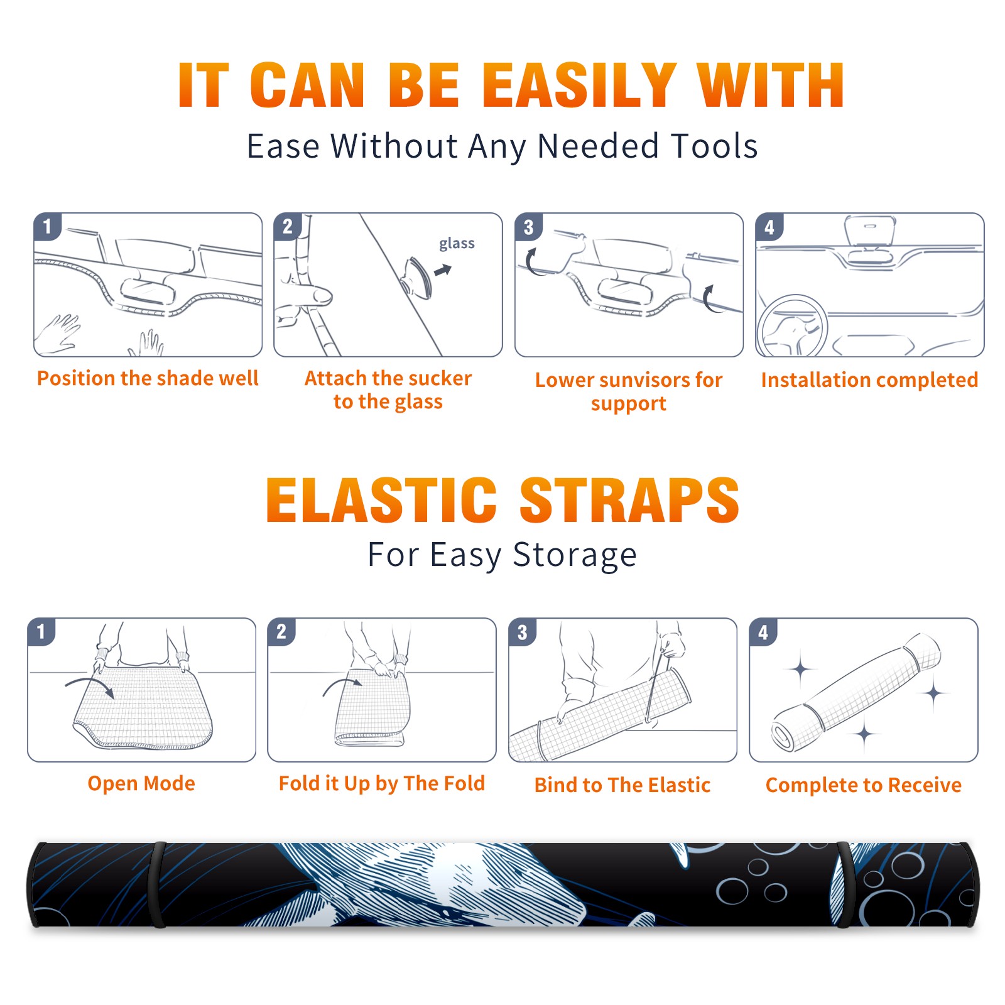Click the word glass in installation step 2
[x=457, y=243]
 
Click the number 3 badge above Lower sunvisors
[x=528, y=227]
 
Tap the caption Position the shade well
[x=148, y=378]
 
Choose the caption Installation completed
[x=869, y=379]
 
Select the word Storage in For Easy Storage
[x=575, y=555]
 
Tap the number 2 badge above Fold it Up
[x=281, y=632]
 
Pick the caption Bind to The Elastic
[x=622, y=785]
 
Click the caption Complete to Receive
[x=864, y=785]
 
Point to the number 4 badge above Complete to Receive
[x=763, y=632]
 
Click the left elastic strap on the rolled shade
[x=158, y=884]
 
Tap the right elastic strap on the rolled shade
[x=844, y=884]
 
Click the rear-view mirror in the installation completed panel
[x=870, y=230]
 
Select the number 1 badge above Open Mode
[x=41, y=632]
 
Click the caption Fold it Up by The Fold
[x=382, y=783]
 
